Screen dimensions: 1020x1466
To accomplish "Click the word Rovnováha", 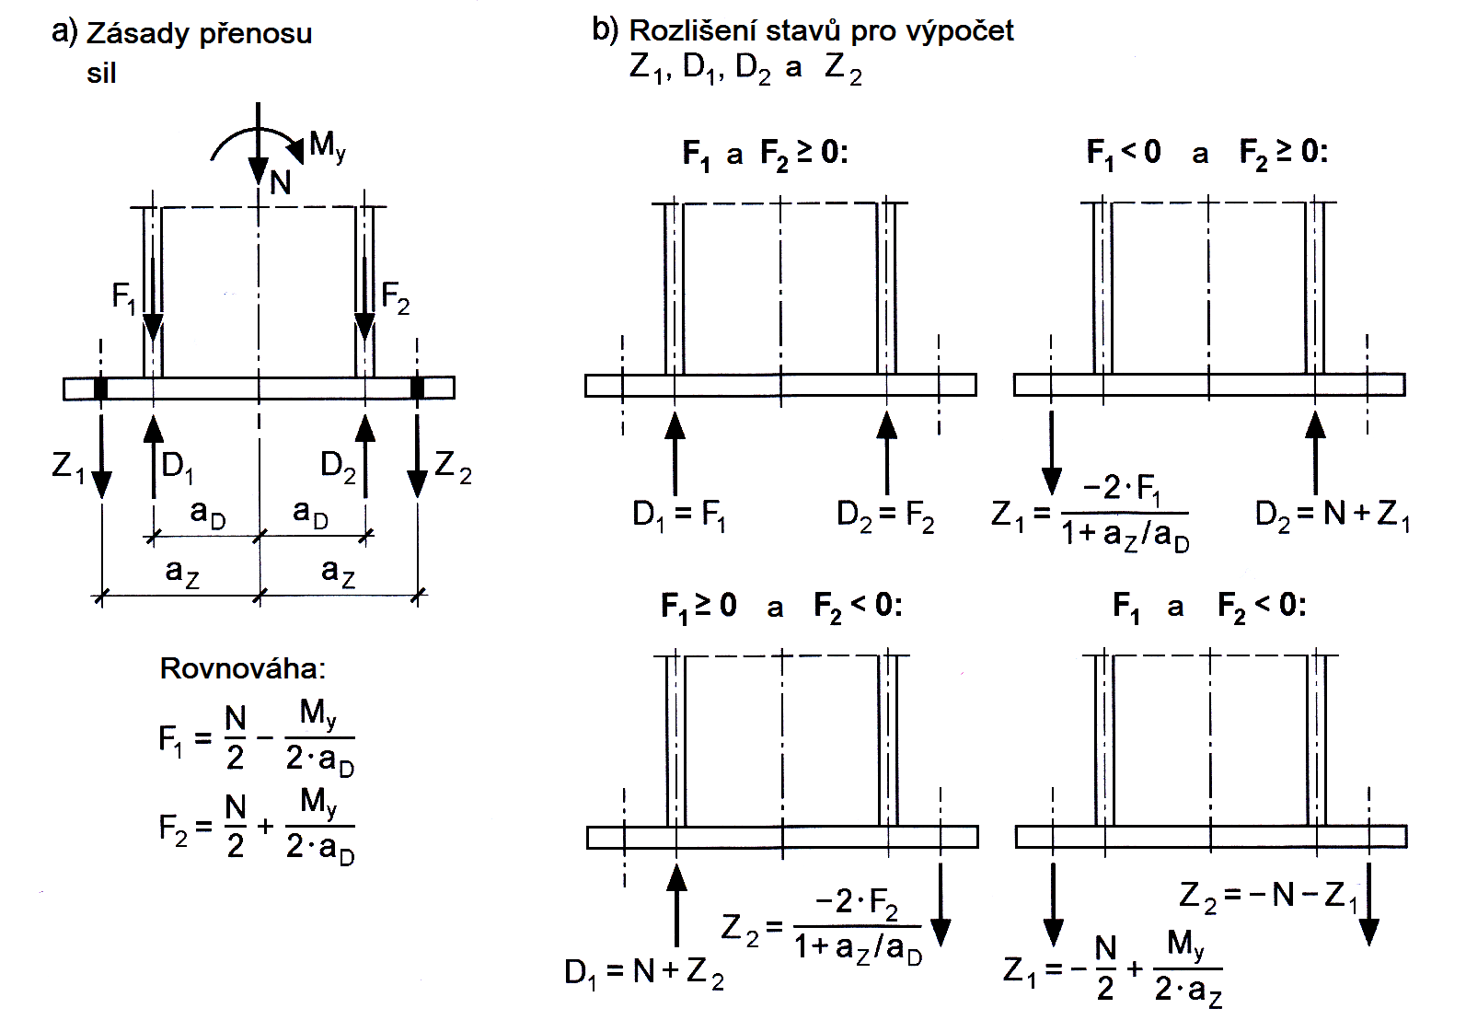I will click(x=242, y=668).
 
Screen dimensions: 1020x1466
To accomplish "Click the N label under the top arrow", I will click(x=281, y=183).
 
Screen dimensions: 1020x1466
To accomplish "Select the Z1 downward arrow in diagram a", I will click(x=101, y=456).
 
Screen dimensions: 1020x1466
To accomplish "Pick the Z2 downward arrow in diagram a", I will click(x=418, y=456).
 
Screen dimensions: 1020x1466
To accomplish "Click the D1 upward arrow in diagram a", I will click(x=154, y=456).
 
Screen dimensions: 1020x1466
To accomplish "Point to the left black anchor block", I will click(x=101, y=388).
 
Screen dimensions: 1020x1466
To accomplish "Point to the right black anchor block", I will click(x=418, y=388).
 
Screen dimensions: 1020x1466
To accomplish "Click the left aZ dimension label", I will click(x=181, y=572).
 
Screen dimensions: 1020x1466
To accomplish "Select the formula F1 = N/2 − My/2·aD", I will click(x=256, y=738).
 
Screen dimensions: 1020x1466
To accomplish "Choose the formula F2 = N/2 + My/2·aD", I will click(x=256, y=827).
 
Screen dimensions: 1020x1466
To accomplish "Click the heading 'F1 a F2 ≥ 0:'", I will click(x=765, y=154).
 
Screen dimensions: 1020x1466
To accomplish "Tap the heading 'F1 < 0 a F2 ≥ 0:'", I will click(x=1206, y=152).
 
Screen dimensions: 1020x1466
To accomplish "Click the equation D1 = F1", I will click(x=679, y=515).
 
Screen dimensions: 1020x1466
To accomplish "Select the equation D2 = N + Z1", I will click(x=1332, y=515).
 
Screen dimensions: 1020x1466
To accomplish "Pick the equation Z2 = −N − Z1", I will click(x=1268, y=895).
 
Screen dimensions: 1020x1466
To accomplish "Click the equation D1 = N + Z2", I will click(x=643, y=972).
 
